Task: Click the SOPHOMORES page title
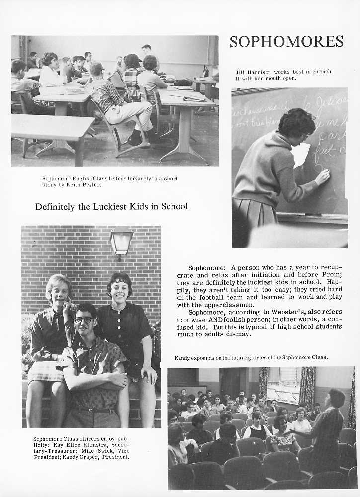pyautogui.click(x=286, y=41)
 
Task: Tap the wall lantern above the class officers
pyautogui.click(x=121, y=241)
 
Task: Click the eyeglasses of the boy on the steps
pyautogui.click(x=84, y=320)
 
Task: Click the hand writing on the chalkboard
pyautogui.click(x=322, y=176)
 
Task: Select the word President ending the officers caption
pyautogui.click(x=115, y=457)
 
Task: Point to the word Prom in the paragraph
pyautogui.click(x=332, y=274)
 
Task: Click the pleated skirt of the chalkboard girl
pyautogui.click(x=256, y=213)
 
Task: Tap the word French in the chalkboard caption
pyautogui.click(x=318, y=72)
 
